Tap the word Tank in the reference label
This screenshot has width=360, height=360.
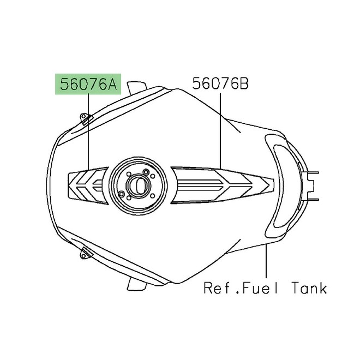(x=307, y=287)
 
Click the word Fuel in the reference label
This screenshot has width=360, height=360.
(x=261, y=287)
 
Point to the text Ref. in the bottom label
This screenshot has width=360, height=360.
(x=218, y=287)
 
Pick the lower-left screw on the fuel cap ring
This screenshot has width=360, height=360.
(x=121, y=194)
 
